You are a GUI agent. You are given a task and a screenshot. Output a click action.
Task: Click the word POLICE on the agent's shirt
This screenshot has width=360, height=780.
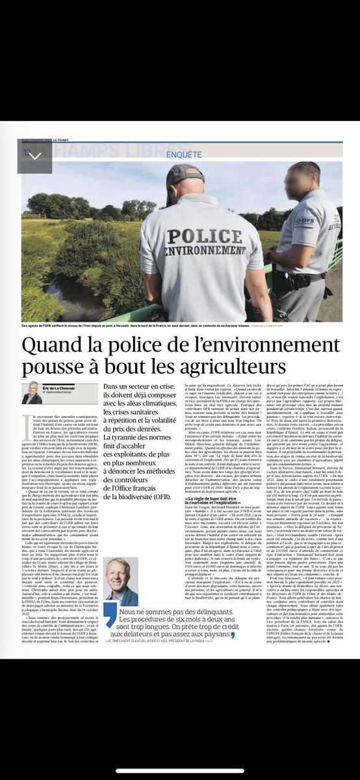click(x=203, y=235)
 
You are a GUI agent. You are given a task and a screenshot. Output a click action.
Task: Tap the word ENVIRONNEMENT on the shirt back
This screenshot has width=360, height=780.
click(x=202, y=250)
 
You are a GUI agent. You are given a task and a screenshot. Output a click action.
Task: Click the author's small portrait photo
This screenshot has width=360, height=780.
click(x=30, y=393)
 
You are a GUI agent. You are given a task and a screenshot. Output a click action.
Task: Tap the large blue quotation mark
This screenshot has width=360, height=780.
click(x=110, y=618)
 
